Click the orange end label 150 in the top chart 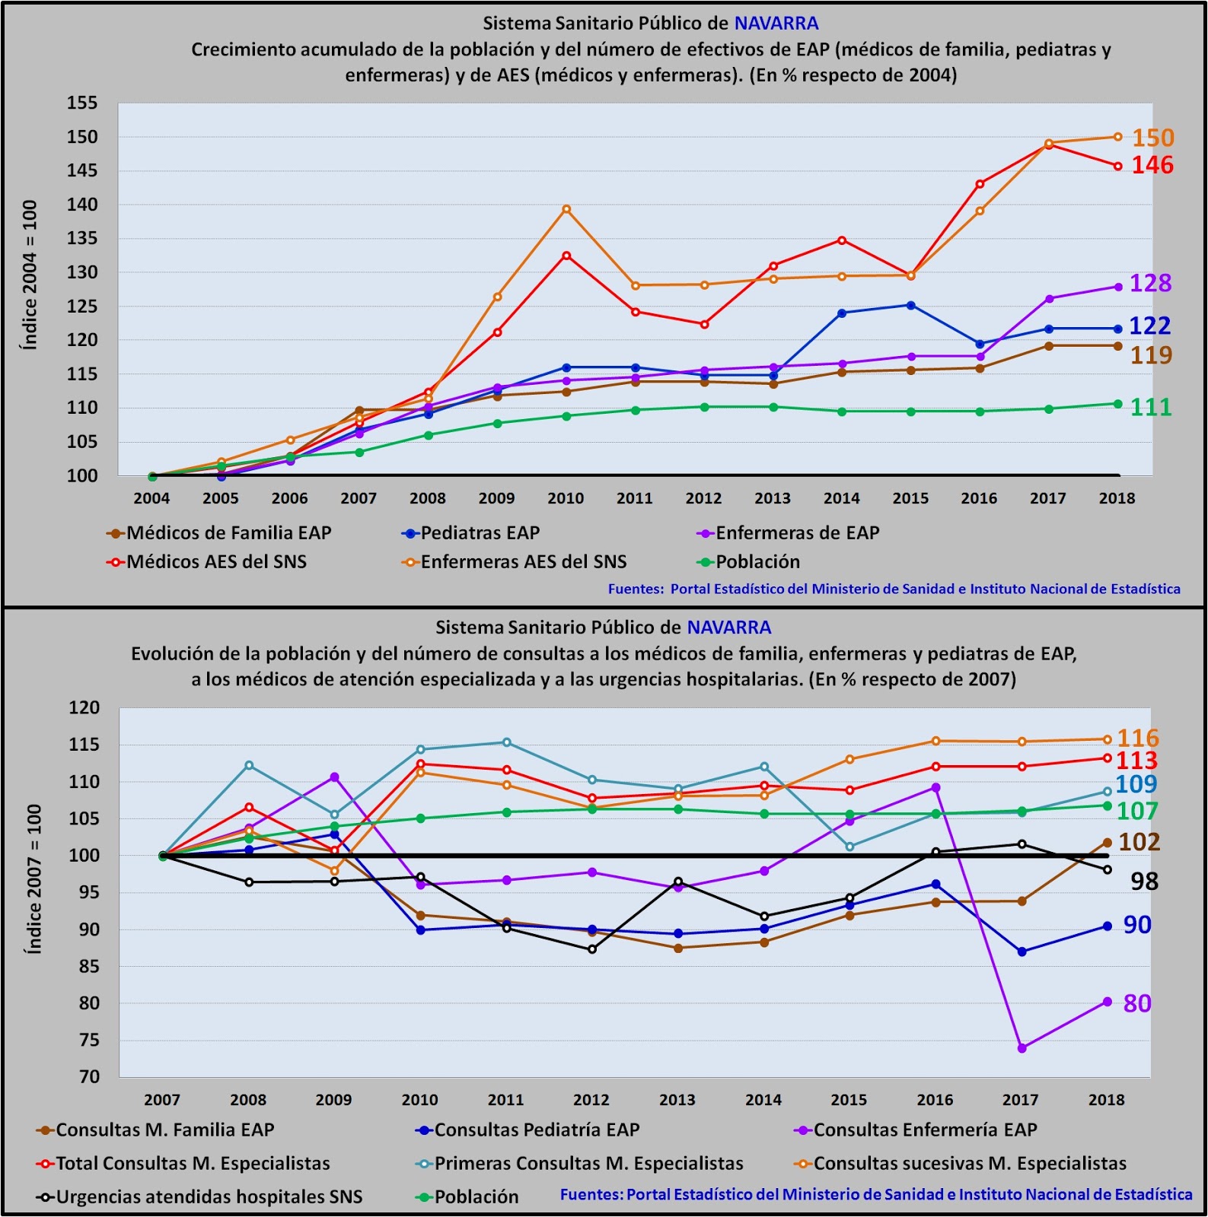(1152, 138)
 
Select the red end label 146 (1152, 165)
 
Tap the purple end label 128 (1149, 283)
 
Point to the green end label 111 (1150, 407)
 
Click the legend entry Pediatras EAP (480, 533)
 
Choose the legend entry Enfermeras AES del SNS (523, 562)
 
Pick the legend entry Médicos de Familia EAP (228, 533)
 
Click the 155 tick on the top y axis (82, 103)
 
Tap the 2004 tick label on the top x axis (151, 499)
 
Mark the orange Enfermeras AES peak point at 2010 (566, 209)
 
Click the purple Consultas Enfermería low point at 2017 (1022, 1048)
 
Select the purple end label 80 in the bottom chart (1136, 1003)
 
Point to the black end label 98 (1143, 882)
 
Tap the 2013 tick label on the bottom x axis (677, 1100)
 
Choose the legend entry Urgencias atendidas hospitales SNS (209, 1196)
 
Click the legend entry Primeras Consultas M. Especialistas (588, 1163)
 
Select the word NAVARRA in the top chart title (776, 24)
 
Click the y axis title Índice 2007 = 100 (33, 879)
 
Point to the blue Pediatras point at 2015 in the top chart (910, 305)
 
